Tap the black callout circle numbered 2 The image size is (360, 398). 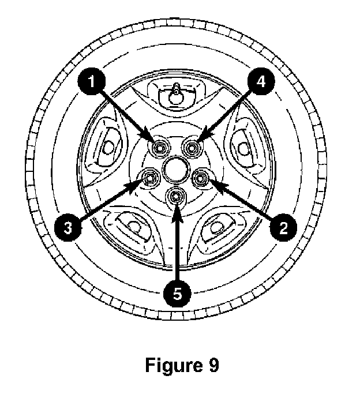click(x=281, y=228)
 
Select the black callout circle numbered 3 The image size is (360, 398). click(x=68, y=228)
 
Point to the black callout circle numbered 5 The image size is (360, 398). click(x=177, y=293)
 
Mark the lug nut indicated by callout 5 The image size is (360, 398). click(x=175, y=197)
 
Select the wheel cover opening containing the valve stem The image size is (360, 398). click(x=175, y=95)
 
